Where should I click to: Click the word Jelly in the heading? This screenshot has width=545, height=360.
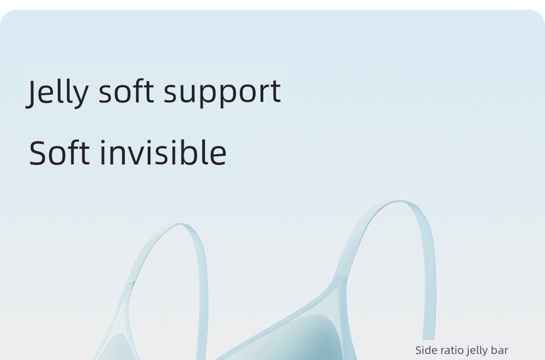point(57,92)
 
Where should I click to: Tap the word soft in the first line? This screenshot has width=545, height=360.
point(126,91)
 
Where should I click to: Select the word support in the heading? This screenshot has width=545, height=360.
point(222,93)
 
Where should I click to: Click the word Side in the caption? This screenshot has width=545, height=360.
point(425,350)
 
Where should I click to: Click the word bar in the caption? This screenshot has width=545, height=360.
point(499,350)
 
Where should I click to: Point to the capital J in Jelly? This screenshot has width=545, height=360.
point(31,93)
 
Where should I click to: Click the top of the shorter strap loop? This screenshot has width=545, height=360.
point(180,225)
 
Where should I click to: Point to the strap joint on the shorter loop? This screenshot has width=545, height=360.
point(129,285)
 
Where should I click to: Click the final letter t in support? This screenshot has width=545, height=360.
point(276,92)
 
